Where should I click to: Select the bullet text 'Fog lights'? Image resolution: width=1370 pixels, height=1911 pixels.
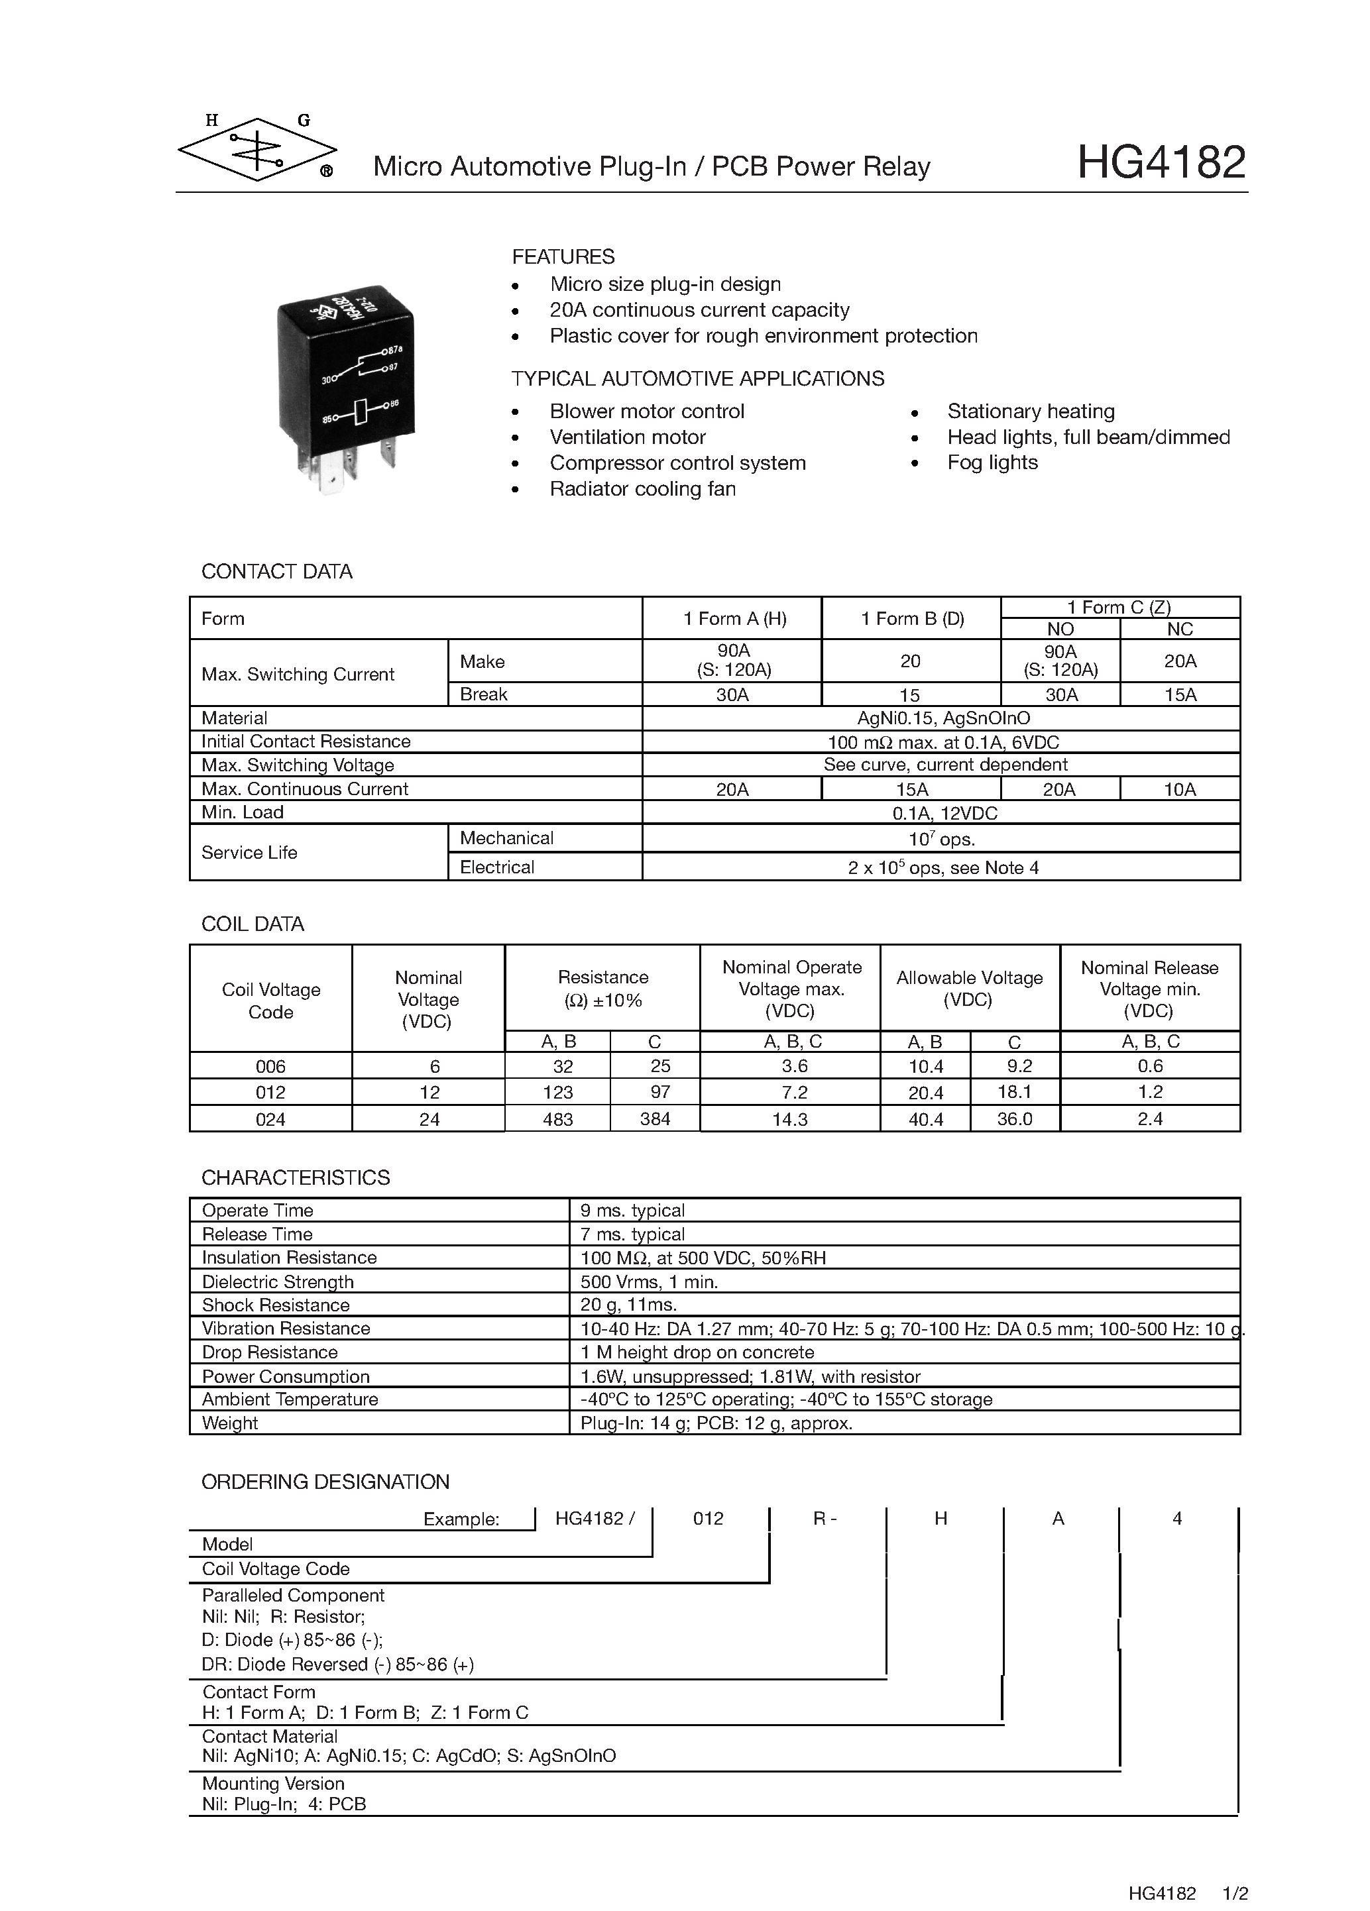[992, 463]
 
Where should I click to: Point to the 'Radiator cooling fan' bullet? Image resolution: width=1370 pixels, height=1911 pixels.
[642, 489]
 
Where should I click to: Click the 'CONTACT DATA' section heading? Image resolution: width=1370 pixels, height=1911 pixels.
[276, 571]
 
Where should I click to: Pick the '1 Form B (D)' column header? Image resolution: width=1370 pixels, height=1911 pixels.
[911, 618]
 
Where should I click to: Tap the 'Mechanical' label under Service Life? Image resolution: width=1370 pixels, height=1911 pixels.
[506, 838]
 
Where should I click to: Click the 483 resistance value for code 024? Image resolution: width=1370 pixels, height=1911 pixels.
[558, 1119]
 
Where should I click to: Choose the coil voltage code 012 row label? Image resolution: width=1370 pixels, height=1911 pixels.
[270, 1093]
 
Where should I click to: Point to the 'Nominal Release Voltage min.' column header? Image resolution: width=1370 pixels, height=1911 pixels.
[1149, 989]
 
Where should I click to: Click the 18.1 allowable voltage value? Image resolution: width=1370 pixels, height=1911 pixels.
[1015, 1092]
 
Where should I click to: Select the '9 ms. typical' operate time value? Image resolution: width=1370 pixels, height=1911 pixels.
[632, 1210]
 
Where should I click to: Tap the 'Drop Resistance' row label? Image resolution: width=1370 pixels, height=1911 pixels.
[270, 1352]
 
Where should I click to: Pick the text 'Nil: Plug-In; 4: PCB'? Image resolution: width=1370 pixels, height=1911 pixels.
[284, 1804]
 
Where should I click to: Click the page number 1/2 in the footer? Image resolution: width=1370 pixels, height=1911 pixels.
[1235, 1893]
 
